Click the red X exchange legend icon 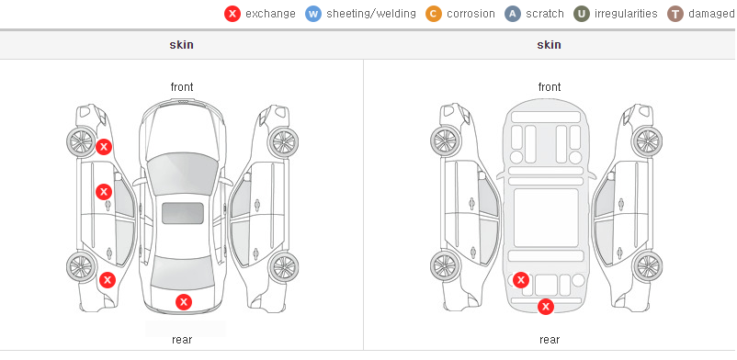click(232, 14)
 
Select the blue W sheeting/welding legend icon click(313, 14)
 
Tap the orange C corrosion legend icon click(434, 14)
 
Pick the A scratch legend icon click(513, 14)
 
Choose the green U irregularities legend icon click(582, 14)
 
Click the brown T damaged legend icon click(675, 14)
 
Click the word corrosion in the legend click(471, 14)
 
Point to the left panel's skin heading click(181, 45)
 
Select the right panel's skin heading click(549, 45)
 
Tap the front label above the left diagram click(182, 87)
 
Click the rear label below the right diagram click(550, 340)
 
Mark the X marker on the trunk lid click(184, 302)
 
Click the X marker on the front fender click(104, 147)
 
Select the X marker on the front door click(104, 192)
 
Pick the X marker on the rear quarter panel click(108, 281)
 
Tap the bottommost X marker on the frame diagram click(546, 307)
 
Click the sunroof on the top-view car click(183, 213)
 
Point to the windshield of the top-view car click(182, 174)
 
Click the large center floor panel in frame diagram click(546, 218)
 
